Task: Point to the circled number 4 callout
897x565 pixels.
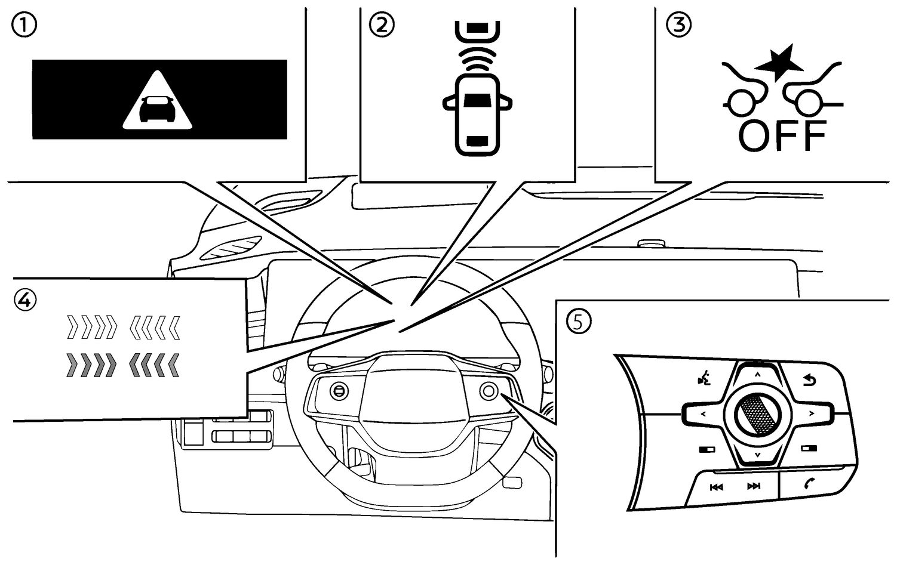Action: click(x=24, y=300)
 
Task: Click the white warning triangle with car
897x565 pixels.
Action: click(x=158, y=101)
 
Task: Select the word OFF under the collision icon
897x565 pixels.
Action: click(x=782, y=135)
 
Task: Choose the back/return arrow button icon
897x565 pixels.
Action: click(x=810, y=380)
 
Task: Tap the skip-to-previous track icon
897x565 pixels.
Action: click(x=716, y=487)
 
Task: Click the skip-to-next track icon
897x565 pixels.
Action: click(x=754, y=486)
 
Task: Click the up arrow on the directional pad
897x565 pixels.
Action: click(x=757, y=375)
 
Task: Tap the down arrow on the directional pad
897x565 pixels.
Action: click(x=757, y=455)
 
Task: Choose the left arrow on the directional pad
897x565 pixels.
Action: click(x=703, y=413)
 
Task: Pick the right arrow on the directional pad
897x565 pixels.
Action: click(x=811, y=413)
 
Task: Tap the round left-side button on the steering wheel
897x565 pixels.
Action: click(x=339, y=391)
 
